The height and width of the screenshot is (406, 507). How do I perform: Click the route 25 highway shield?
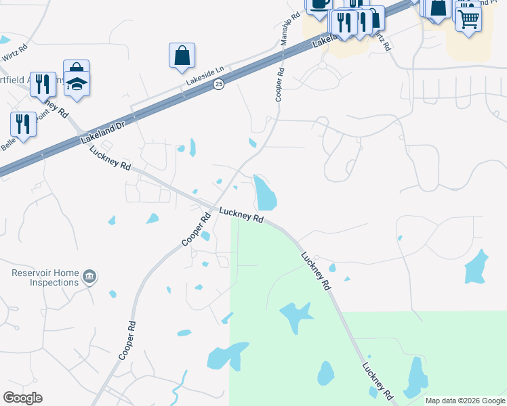pos(218,84)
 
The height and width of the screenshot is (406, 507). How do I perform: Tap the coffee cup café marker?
pos(319,3)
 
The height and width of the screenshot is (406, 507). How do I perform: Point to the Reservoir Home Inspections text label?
pos(45,277)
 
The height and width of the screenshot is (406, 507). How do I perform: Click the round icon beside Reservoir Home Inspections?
pos(89,277)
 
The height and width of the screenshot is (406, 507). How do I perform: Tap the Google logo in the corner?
pos(23,398)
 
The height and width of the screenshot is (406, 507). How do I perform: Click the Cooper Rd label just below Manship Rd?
pos(279,84)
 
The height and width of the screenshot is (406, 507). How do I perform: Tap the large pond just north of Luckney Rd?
pos(264,194)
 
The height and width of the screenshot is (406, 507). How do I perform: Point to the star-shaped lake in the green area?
pos(296,315)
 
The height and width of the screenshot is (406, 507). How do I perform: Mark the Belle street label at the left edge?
pos(8,144)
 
